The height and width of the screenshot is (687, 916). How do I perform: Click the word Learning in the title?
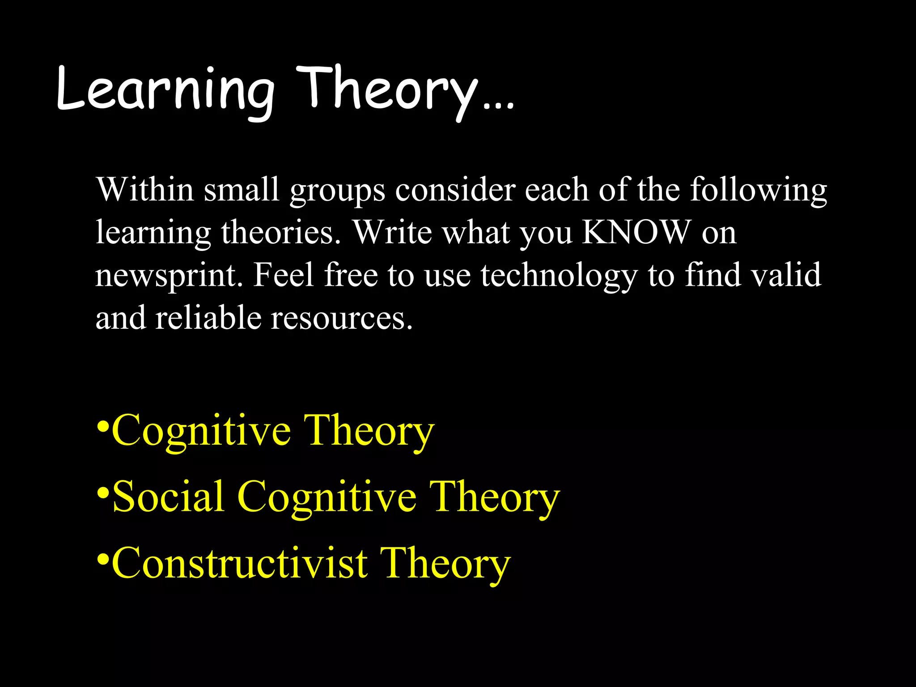pos(165,89)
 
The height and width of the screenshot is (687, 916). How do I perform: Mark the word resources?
pos(341,318)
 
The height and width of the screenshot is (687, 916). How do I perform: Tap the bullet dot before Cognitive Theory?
pos(103,424)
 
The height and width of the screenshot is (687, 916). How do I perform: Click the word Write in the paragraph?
pos(392,232)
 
